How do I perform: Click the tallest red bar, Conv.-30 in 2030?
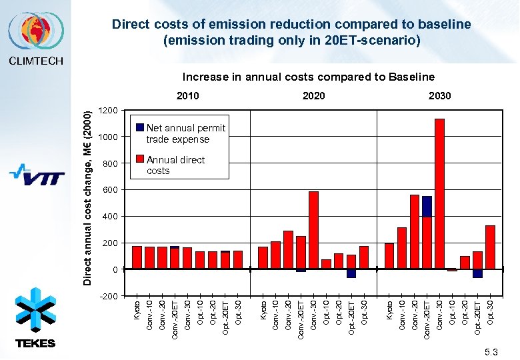click(x=439, y=193)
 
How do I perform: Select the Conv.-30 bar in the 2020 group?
click(x=313, y=230)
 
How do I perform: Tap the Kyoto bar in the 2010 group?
click(x=137, y=257)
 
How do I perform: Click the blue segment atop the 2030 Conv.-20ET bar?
click(x=427, y=206)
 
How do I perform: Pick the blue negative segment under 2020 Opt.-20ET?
click(x=351, y=273)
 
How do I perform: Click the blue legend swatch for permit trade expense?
click(x=140, y=127)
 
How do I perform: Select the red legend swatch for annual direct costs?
click(x=140, y=159)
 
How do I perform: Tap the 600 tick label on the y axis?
click(x=110, y=190)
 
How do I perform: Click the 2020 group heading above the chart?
click(x=313, y=96)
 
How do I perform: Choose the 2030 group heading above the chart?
click(x=439, y=96)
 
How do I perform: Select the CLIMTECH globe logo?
click(x=35, y=31)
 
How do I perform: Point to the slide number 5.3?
click(x=492, y=351)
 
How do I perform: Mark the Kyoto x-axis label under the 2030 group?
click(x=389, y=313)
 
